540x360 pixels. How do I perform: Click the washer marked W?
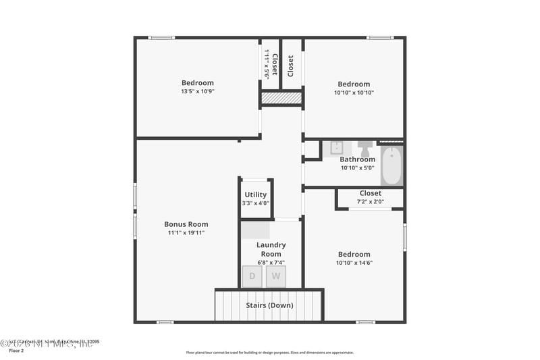click(x=275, y=276)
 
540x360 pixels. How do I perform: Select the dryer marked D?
click(x=252, y=276)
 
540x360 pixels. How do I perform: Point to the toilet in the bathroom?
click(x=365, y=148)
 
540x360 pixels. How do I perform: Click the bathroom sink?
click(x=337, y=148)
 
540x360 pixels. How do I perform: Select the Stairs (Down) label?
click(x=269, y=305)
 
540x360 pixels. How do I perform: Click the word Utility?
click(x=256, y=195)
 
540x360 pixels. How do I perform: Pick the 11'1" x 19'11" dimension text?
click(x=186, y=232)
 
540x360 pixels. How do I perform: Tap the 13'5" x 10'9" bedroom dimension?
click(x=197, y=91)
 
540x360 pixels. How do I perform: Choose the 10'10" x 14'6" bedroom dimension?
click(x=354, y=263)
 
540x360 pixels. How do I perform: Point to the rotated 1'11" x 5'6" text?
click(x=267, y=65)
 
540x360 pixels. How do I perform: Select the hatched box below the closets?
click(x=281, y=99)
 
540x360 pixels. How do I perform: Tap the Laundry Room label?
click(x=271, y=249)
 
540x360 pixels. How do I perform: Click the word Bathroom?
click(x=357, y=159)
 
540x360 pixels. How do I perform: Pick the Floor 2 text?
click(x=16, y=351)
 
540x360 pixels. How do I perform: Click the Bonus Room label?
click(x=186, y=224)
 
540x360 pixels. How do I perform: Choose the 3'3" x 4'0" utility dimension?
click(x=256, y=203)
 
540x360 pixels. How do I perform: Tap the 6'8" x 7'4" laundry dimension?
click(x=271, y=262)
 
